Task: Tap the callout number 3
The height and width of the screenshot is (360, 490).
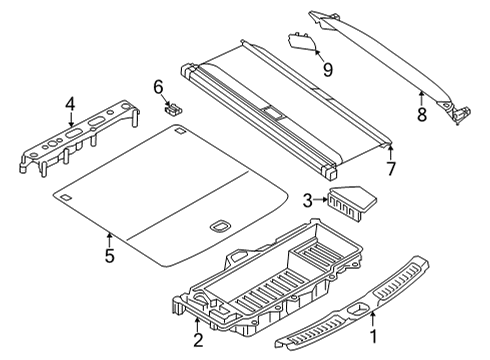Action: (x=309, y=199)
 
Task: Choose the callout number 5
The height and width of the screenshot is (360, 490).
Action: (x=109, y=256)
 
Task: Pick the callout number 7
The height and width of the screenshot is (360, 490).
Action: (x=390, y=169)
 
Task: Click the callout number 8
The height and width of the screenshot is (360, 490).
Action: (x=422, y=115)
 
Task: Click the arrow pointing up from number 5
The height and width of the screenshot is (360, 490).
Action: (x=109, y=238)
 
